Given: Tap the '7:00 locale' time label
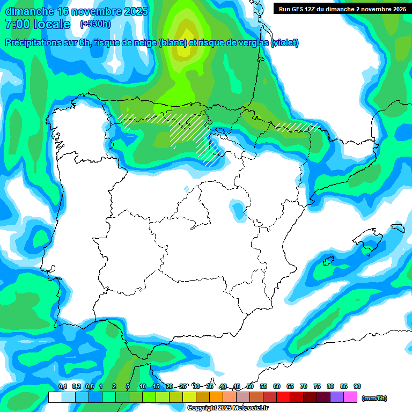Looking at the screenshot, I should [38, 24].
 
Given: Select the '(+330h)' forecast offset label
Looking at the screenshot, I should [95, 24].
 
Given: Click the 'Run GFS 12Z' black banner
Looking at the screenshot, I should [342, 9].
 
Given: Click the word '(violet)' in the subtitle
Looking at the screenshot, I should [285, 43].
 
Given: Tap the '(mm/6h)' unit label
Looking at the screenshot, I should [374, 398].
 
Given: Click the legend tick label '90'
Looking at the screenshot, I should [357, 387].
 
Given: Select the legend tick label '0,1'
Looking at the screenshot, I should [62, 387].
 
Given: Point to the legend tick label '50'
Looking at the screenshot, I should [250, 387].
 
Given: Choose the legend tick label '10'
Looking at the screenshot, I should [143, 387].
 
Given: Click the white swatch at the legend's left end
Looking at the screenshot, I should [55, 398].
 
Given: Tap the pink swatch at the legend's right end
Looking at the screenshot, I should [350, 398].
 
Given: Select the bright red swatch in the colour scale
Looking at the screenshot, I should [283, 398].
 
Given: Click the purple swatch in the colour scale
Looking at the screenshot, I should [337, 398].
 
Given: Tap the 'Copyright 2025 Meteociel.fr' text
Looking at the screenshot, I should [228, 408].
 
